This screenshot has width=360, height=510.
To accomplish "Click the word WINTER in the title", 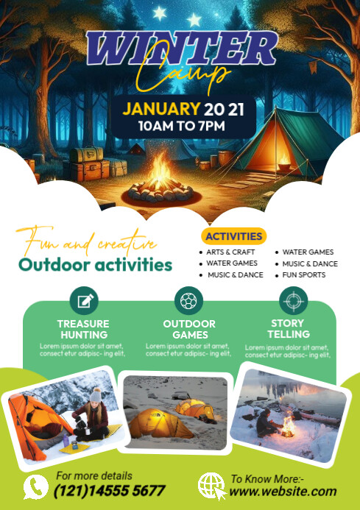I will click(181, 49).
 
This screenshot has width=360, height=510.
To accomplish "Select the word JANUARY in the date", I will click(160, 109).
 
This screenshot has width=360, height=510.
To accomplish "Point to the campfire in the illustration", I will click(160, 180).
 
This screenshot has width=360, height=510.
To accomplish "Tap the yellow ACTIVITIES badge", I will click(233, 236).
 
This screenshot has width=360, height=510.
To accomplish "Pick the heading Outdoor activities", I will click(96, 264).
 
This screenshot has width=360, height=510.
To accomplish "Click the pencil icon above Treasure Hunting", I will click(83, 301).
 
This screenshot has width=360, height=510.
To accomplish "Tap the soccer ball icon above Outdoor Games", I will click(188, 301).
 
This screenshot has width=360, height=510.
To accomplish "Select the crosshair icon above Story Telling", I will click(293, 301).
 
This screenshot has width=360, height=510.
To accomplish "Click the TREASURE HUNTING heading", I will click(83, 329).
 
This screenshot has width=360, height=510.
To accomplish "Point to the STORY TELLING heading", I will click(287, 329).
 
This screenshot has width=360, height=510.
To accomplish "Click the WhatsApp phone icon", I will click(35, 486).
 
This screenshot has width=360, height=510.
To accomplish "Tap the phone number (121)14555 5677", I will click(110, 491).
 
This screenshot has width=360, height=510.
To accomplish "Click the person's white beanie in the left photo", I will click(94, 395).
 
